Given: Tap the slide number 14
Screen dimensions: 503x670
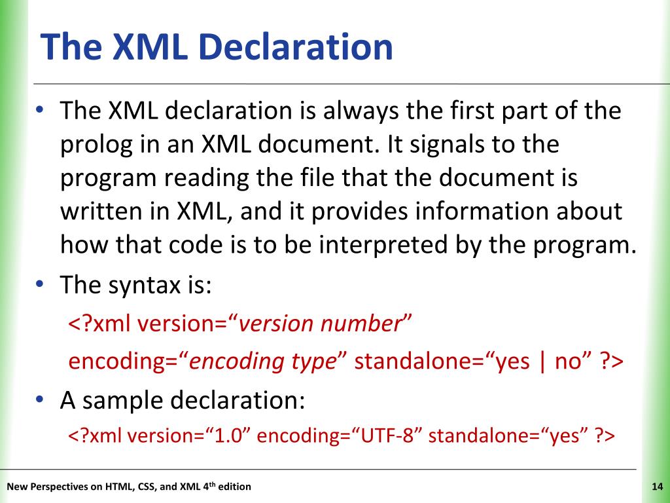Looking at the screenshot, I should pyautogui.click(x=658, y=487).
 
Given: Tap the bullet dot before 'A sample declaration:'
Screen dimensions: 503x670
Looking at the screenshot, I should pyautogui.click(x=40, y=398).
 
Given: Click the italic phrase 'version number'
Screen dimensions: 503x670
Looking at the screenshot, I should pyautogui.click(x=319, y=324).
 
